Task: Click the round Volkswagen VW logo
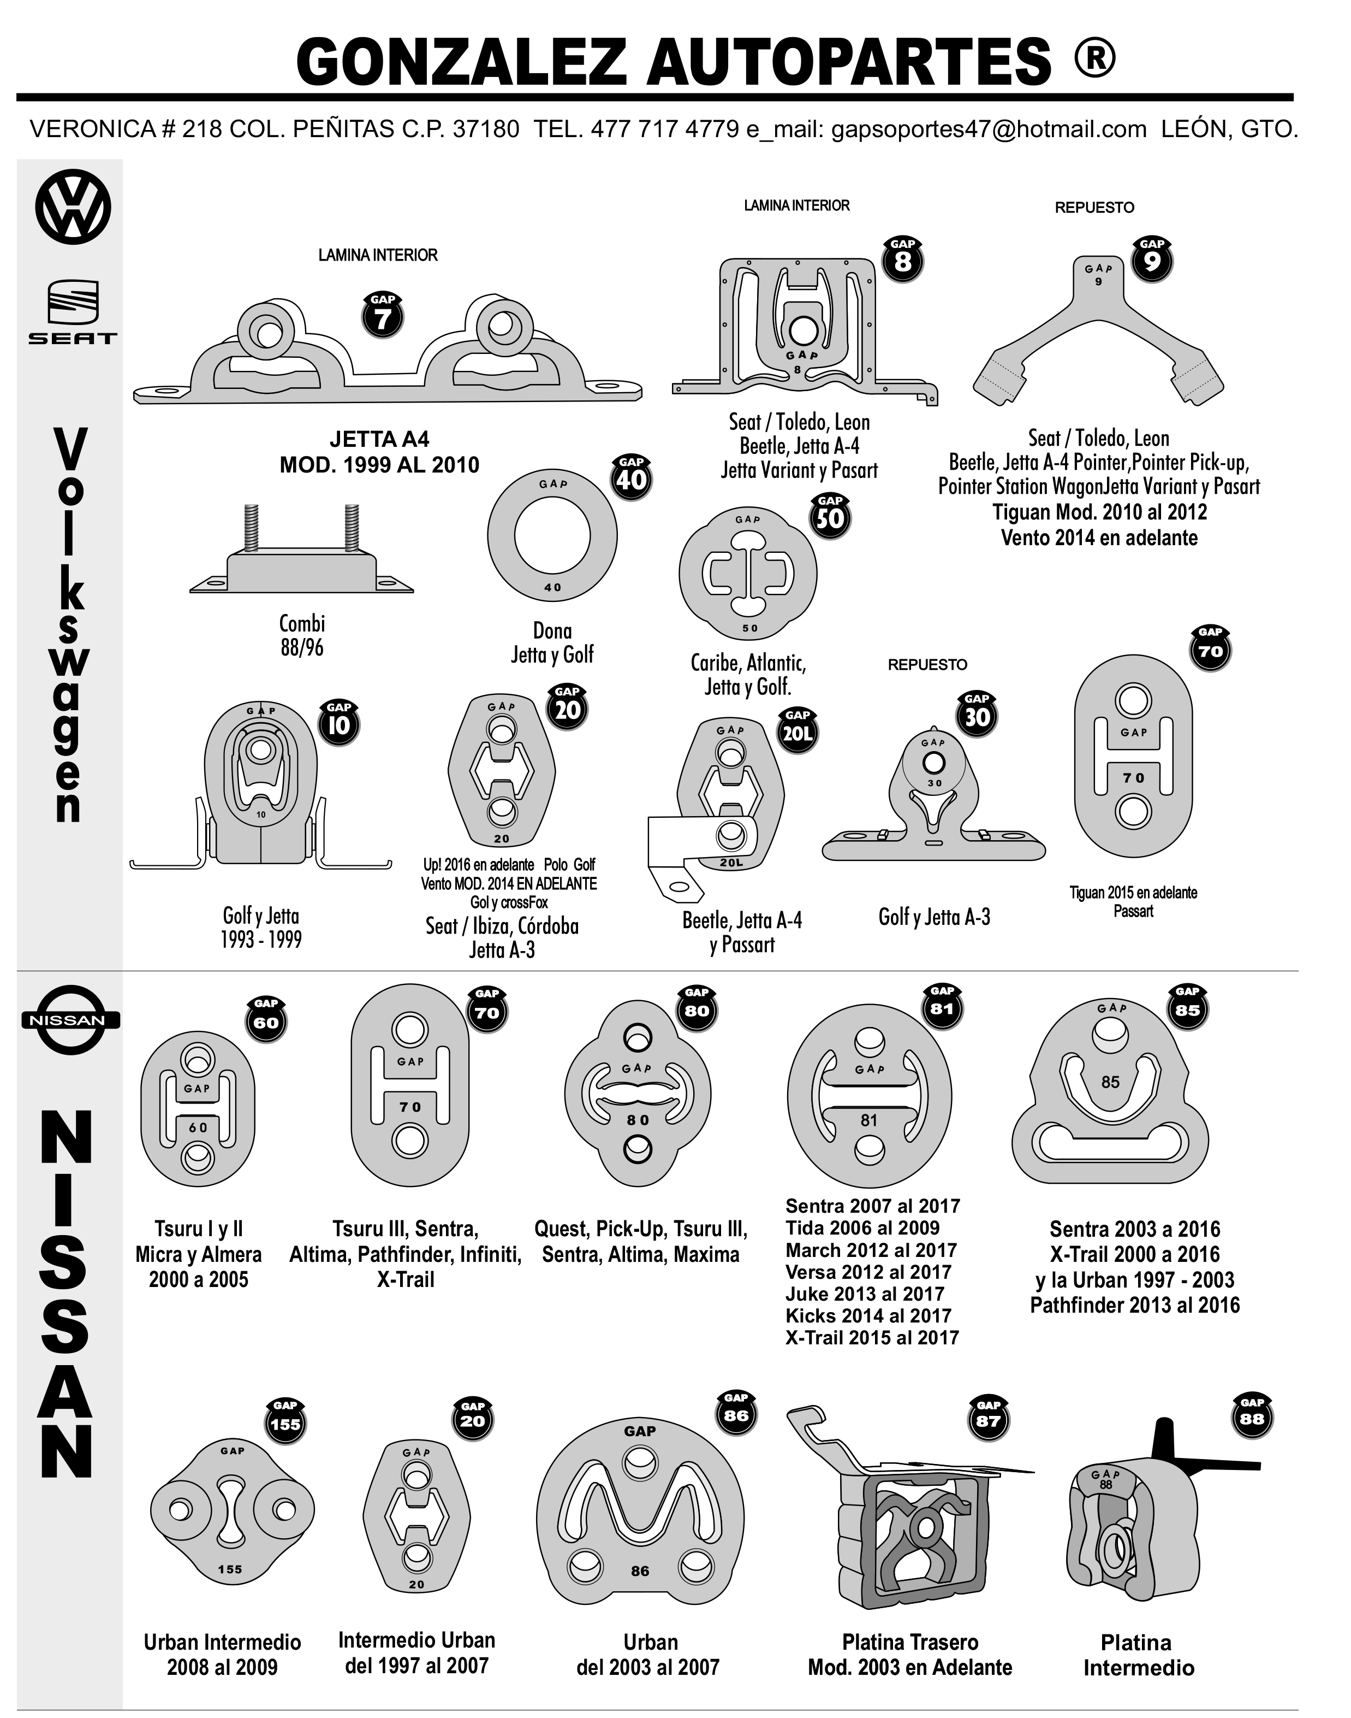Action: click(73, 208)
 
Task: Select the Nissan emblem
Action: click(70, 1019)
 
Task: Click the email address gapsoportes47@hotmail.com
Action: click(989, 129)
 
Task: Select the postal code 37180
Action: click(486, 129)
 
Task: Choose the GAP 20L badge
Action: click(797, 731)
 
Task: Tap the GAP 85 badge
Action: click(1187, 1007)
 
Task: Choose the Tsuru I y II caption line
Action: click(199, 1229)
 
